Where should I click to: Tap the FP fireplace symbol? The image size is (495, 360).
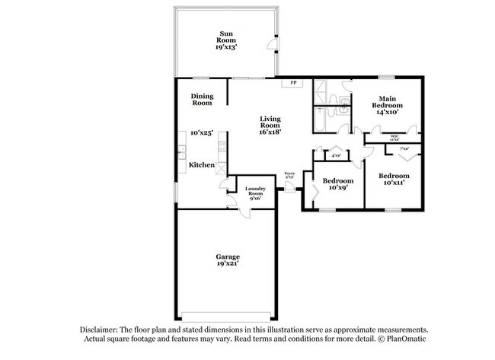click(293, 82)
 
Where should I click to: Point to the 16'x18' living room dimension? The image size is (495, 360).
click(270, 131)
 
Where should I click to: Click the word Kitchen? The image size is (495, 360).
click(201, 165)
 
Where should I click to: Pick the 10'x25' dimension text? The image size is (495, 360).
click(201, 132)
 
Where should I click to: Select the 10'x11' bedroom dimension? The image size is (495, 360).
click(394, 183)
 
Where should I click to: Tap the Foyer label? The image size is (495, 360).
click(289, 174)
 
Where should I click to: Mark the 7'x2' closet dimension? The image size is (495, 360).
click(404, 149)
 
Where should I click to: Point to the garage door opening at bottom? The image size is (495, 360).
click(226, 314)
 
